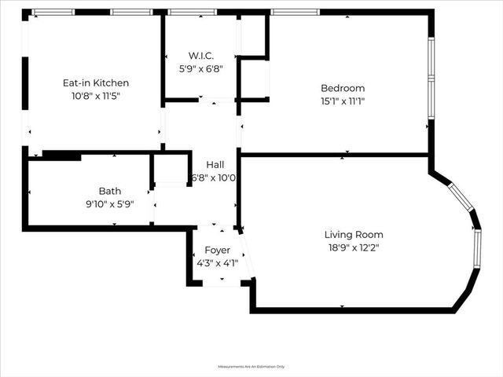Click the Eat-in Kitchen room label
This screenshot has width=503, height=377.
click(96, 82)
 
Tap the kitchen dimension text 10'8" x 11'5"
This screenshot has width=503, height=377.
click(96, 96)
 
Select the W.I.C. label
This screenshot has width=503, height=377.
click(201, 55)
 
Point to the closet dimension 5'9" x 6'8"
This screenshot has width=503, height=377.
click(201, 68)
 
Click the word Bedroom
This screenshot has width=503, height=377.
click(343, 88)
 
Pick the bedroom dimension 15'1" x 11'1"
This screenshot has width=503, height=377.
click(343, 101)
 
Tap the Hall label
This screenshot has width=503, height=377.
click(215, 165)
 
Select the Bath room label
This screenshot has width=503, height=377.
click(110, 191)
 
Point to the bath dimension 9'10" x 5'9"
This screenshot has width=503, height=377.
click(110, 203)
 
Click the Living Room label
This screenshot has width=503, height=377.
click(354, 234)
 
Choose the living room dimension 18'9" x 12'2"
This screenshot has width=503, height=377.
click(354, 247)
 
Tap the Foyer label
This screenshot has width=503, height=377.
click(217, 250)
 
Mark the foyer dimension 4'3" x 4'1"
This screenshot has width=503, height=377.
click(217, 263)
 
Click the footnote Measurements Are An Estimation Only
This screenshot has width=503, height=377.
click(251, 367)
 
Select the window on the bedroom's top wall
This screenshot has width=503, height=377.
click(296, 12)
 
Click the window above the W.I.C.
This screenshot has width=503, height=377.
click(193, 12)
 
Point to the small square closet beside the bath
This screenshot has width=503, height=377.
click(171, 169)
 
